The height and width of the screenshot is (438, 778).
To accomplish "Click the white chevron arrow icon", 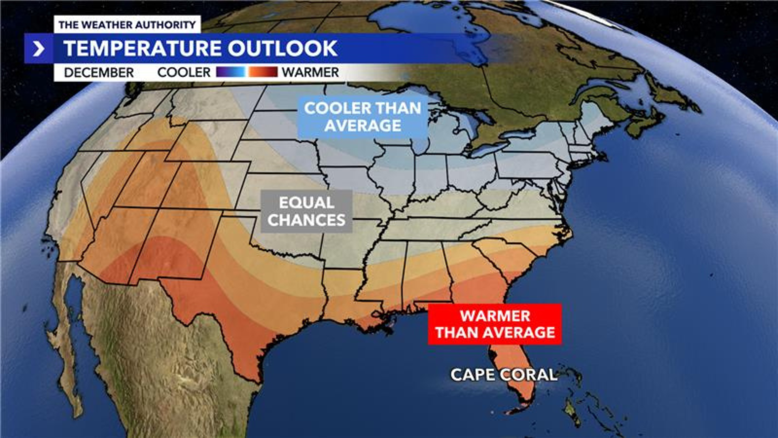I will point(38,49).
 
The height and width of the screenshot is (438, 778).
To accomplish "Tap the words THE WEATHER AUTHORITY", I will point(127,25).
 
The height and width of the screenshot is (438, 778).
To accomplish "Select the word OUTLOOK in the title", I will point(282,49).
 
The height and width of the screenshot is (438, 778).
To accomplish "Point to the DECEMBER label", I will point(99,73).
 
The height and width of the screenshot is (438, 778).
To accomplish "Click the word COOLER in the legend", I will point(184,73).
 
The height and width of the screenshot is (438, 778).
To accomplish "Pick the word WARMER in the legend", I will point(310,73).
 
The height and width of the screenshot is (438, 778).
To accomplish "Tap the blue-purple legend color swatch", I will point(231,72).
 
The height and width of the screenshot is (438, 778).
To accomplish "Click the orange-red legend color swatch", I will point(263,72).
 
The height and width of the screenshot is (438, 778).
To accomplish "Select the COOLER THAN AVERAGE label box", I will point(363,117).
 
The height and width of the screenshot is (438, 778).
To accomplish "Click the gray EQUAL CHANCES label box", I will point(306,211).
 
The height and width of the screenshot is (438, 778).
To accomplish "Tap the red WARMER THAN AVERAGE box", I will point(495,324).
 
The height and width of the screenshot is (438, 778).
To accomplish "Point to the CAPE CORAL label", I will point(504,375).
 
